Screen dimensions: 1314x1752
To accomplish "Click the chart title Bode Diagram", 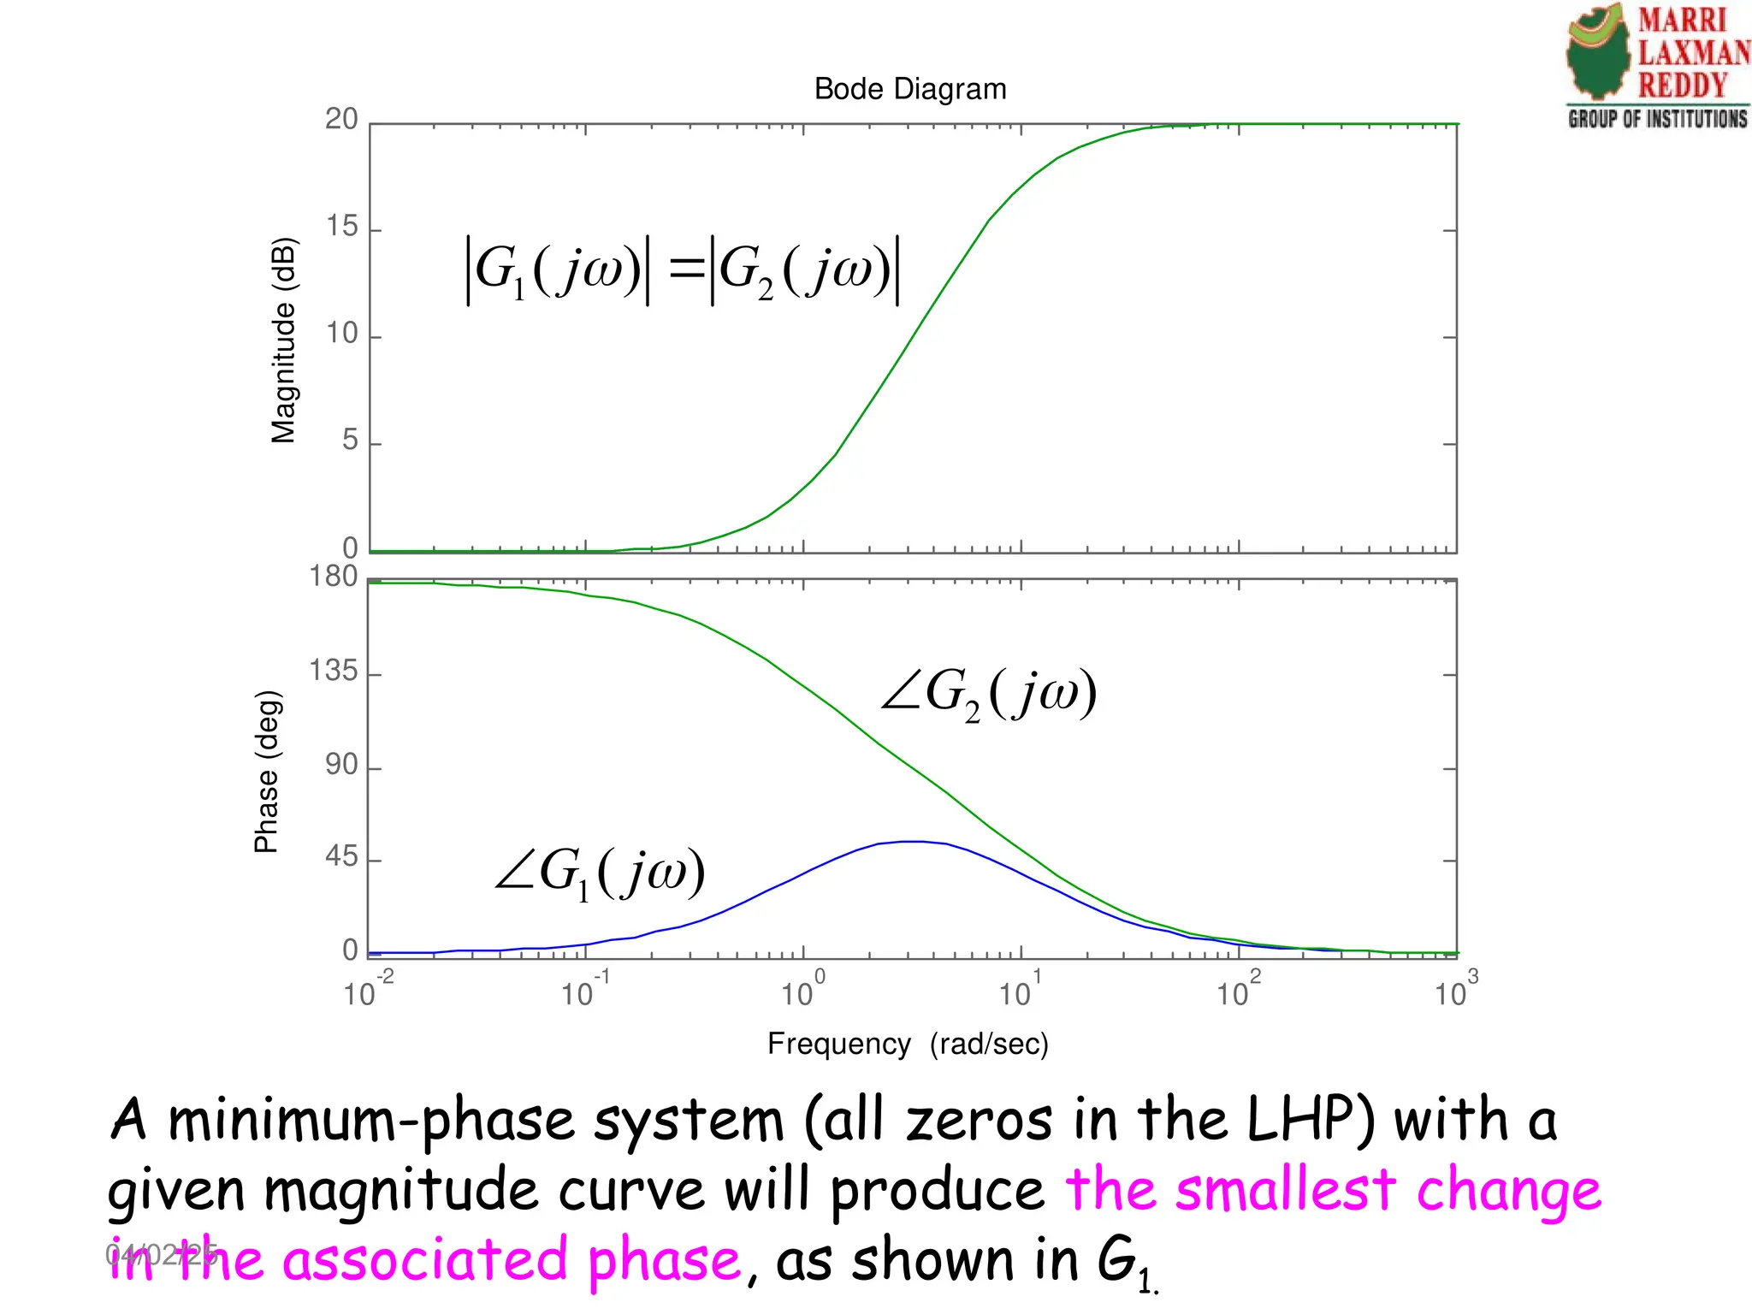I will pyautogui.click(x=909, y=89).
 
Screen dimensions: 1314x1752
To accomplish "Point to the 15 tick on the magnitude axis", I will pyautogui.click(x=342, y=227).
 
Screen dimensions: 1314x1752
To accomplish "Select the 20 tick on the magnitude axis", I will pyautogui.click(x=341, y=120).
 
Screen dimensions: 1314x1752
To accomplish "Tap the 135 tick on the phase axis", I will pyautogui.click(x=334, y=671).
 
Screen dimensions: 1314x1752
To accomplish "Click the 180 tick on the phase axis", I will pyautogui.click(x=334, y=577).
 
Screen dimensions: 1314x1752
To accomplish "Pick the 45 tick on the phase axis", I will pyautogui.click(x=341, y=857).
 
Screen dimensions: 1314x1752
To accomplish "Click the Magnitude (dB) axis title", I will pyautogui.click(x=283, y=340).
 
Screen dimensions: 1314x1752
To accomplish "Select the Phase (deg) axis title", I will pyautogui.click(x=267, y=772).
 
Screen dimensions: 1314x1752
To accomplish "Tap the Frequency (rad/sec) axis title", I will pyautogui.click(x=908, y=1044).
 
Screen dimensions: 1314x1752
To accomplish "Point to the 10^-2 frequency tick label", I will pyautogui.click(x=368, y=991).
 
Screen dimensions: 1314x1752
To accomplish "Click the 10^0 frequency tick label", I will pyautogui.click(x=802, y=991).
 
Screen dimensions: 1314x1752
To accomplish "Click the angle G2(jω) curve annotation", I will pyautogui.click(x=988, y=693).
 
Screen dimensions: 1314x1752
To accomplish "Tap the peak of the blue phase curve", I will pyautogui.click(x=915, y=842).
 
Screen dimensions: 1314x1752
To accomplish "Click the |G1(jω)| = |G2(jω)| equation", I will pyautogui.click(x=682, y=270).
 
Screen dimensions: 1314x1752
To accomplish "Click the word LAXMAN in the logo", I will pyautogui.click(x=1693, y=53).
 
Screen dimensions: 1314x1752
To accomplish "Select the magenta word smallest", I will pyautogui.click(x=1285, y=1190).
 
